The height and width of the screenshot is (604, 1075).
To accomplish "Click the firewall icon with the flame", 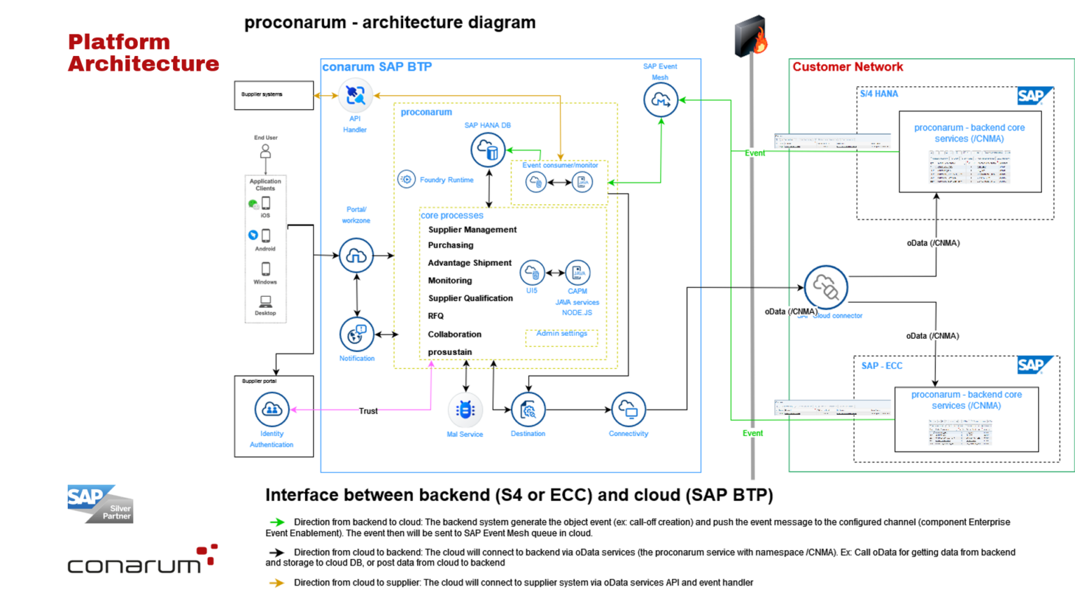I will (750, 36).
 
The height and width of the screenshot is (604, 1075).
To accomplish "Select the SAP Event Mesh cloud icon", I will (661, 100).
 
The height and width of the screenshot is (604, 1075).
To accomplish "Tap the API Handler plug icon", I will (356, 95).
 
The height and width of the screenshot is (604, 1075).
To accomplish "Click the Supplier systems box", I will (274, 95).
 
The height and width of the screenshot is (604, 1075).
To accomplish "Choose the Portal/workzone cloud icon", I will (356, 255).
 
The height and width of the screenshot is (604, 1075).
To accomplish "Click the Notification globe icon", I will (356, 335).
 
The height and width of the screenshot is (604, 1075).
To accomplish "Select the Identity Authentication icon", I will (272, 409).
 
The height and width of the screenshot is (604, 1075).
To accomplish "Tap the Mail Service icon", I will (465, 410).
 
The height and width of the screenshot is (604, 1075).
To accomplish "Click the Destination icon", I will (528, 410).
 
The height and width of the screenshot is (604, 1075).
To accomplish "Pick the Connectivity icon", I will (628, 409).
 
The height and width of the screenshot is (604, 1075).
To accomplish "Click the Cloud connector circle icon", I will (826, 287).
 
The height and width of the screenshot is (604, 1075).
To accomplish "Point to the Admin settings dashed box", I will (561, 337).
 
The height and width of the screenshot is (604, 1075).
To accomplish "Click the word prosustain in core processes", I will (450, 352).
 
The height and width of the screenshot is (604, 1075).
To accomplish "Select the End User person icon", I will (265, 151).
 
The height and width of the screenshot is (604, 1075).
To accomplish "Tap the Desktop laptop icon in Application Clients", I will (265, 302).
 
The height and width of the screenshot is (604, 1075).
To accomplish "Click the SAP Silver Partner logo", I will (100, 504).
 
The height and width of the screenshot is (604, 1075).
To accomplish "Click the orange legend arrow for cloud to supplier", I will (277, 583).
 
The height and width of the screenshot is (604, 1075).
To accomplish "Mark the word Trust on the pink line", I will (368, 411).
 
